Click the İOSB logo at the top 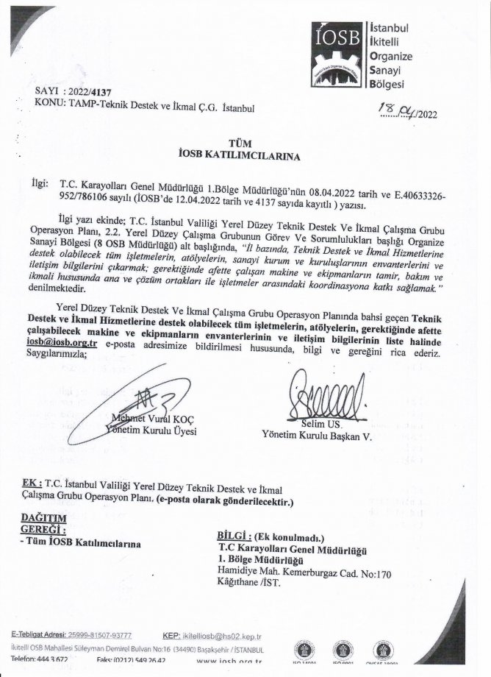coord(340,54)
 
